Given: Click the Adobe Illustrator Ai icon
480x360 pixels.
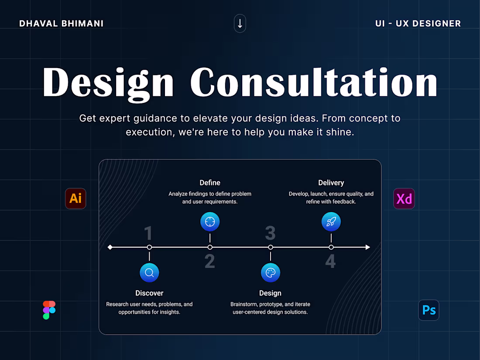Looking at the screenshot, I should point(75,199).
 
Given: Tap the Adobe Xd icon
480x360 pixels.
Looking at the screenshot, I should point(404,199).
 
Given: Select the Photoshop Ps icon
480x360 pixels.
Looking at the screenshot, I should point(429,310).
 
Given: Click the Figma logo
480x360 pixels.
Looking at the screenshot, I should point(49,310).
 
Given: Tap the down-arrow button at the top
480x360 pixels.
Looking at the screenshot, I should point(240,24).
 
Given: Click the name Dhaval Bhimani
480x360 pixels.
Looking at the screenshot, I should point(62,24).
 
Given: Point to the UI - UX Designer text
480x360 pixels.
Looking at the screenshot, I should point(418,24).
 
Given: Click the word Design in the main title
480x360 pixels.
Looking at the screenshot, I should point(108,82).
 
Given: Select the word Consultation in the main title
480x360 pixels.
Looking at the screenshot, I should point(314,82).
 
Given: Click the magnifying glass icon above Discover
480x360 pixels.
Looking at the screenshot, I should point(149,273).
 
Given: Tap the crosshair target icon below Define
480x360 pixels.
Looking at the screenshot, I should point(210,222).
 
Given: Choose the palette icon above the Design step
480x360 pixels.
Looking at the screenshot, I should point(271,273).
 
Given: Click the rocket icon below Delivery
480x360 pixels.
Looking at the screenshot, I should point(331,222).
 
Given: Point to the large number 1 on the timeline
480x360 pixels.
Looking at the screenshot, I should point(148,233).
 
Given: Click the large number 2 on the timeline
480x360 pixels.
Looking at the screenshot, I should point(210,261).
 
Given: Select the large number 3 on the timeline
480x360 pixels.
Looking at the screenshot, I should point(271,233).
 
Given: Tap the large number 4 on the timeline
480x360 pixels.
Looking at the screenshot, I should point(331,261).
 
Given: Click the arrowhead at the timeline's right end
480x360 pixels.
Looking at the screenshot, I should point(367,247).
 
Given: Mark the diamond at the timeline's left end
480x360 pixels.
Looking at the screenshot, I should point(110,247).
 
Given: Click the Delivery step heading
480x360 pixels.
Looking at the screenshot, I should point(331,183).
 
